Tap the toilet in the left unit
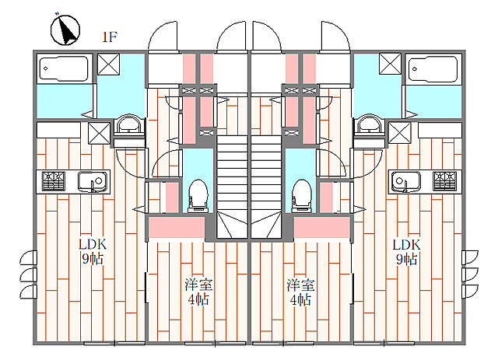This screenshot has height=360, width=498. point(198,194)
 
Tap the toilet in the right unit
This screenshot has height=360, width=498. point(300,194)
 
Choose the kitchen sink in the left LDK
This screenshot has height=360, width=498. point(94,183)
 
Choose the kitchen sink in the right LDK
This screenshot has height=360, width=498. point(405,183)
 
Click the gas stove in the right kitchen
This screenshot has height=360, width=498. point(445,183)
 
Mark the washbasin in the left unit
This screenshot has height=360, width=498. point(128,126)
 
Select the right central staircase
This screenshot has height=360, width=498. point(266,183)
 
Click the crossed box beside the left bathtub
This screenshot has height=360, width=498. point(107,66)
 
